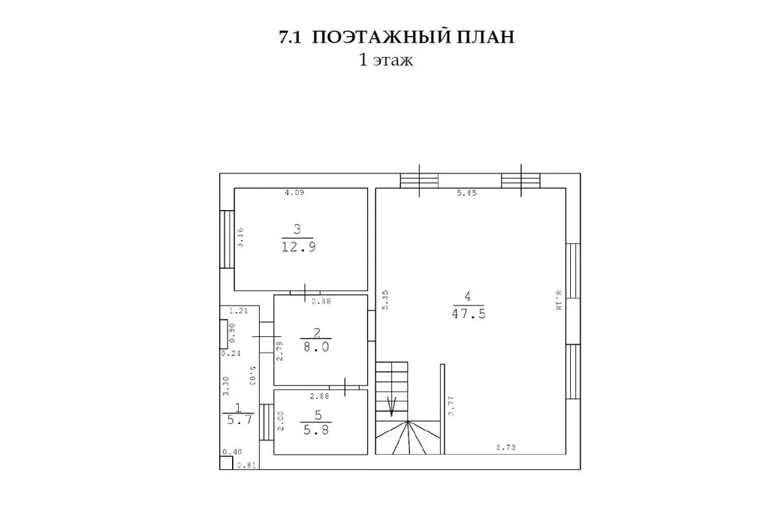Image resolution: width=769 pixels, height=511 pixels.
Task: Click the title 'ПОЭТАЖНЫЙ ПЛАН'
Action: point(413,38)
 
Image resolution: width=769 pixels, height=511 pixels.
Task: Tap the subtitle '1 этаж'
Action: point(386,60)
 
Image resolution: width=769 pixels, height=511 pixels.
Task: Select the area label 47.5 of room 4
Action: point(469,314)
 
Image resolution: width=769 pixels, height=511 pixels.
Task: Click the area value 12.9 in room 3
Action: point(298,246)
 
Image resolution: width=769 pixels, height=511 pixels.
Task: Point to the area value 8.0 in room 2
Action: point(316,347)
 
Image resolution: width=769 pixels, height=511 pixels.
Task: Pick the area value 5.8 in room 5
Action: point(316,430)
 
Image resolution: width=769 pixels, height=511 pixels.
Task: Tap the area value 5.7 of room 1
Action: point(240,419)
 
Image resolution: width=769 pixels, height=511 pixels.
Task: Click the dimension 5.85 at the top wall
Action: point(467,193)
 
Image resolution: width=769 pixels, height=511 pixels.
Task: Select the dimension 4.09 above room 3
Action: point(294,193)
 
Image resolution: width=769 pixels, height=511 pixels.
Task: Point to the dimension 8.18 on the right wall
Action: point(558,300)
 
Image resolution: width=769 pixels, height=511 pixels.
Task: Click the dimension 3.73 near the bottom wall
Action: point(505,447)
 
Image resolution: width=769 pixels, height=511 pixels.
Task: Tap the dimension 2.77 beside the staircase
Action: point(451,406)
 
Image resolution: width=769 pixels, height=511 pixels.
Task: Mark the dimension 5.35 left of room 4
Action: point(385,300)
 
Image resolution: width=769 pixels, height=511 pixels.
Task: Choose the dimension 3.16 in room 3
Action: point(240,238)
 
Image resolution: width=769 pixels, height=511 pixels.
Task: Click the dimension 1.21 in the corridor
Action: point(239,311)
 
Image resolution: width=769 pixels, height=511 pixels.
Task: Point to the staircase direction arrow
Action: point(392,406)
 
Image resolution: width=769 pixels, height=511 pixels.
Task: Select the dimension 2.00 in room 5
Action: point(281,421)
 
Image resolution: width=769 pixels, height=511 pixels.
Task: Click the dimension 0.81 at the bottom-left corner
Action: point(246,465)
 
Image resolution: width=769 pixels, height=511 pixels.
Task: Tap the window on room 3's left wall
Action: point(227,239)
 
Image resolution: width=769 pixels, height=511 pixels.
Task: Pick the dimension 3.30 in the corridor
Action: point(225,386)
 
